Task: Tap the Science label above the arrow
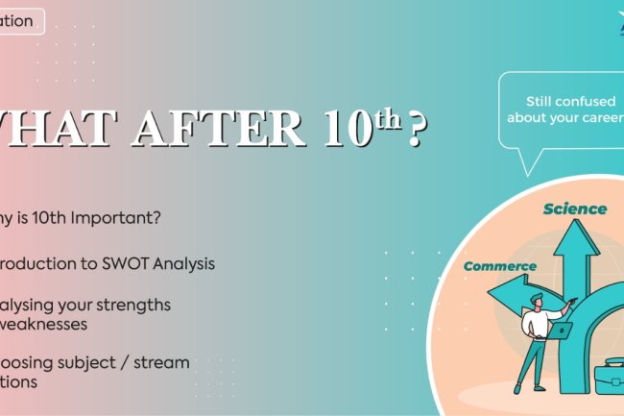pos(575,208)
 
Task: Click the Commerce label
pos(499,265)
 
